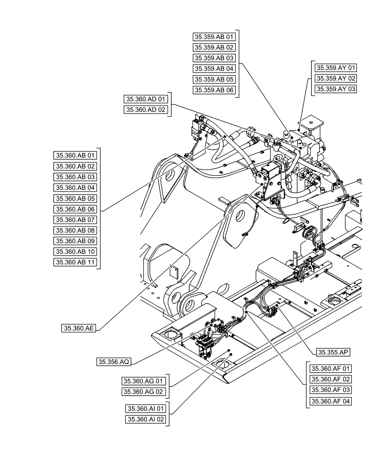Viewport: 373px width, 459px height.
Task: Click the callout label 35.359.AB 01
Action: pyautogui.click(x=214, y=37)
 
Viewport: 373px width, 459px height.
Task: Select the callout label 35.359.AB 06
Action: pyautogui.click(x=214, y=90)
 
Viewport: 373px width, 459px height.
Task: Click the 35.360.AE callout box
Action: pyautogui.click(x=79, y=328)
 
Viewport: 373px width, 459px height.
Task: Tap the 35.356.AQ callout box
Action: pyautogui.click(x=114, y=362)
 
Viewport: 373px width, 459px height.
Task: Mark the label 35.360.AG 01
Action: pyautogui.click(x=143, y=381)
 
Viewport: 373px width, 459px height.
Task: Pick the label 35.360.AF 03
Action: pyautogui.click(x=330, y=390)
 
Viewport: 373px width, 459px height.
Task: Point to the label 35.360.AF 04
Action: pyautogui.click(x=330, y=401)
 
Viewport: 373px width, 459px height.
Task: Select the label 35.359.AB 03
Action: pyautogui.click(x=214, y=58)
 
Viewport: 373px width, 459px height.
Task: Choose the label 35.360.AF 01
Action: pyautogui.click(x=330, y=369)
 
